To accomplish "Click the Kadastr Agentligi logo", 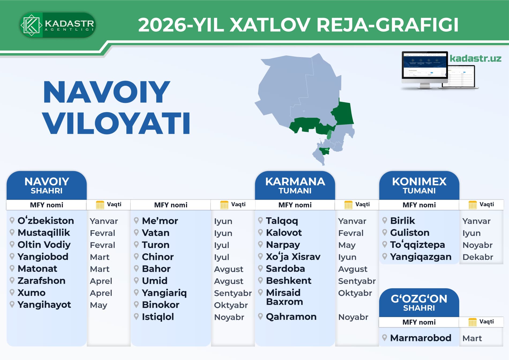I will (58, 25).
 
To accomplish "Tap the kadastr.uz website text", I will (476, 58).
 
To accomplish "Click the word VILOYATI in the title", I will (116, 123).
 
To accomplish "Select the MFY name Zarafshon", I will (42, 281).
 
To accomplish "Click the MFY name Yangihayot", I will (44, 305).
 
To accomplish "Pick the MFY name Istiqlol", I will (158, 317).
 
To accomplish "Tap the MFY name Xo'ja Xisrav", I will (293, 257).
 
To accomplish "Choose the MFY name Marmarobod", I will (421, 338).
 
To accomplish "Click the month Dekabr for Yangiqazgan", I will (478, 257).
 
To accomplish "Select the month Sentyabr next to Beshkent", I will (357, 281).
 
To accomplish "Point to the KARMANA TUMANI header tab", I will (295, 185).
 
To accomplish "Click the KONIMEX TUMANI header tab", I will (419, 185).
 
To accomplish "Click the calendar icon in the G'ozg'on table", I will (472, 322).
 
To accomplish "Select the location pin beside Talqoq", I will (260, 221).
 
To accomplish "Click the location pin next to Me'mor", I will (136, 221).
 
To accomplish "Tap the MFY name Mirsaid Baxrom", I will (285, 297).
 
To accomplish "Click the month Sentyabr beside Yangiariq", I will (233, 293).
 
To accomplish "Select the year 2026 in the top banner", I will (162, 25).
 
